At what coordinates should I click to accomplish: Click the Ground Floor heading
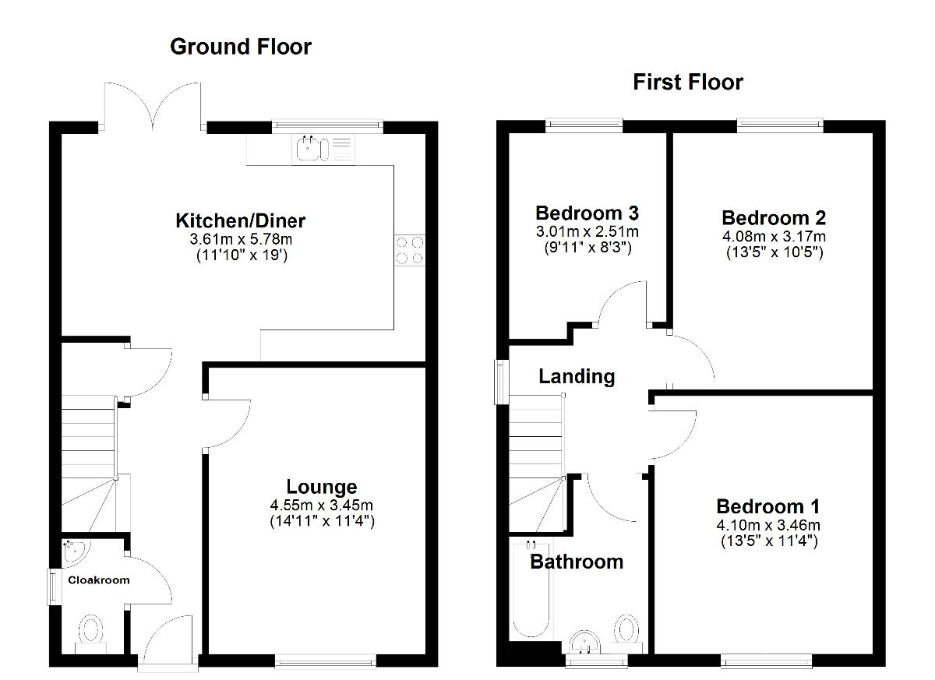241,47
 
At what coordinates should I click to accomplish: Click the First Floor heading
688,83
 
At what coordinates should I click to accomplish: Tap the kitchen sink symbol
323,149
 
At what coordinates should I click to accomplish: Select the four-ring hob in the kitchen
410,250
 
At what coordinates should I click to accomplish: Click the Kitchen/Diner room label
241,220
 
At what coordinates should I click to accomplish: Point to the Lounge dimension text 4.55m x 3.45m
321,506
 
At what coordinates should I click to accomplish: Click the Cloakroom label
99,580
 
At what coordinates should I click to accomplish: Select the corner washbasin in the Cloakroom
75,552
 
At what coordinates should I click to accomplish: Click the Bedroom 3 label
587,213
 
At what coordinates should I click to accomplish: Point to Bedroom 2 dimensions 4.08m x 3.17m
774,237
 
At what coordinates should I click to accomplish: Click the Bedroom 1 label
768,506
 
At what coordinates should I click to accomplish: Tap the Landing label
577,376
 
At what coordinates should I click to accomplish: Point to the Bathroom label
577,562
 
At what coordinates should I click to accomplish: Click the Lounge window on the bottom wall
326,661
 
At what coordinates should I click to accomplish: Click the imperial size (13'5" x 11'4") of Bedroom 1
769,541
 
